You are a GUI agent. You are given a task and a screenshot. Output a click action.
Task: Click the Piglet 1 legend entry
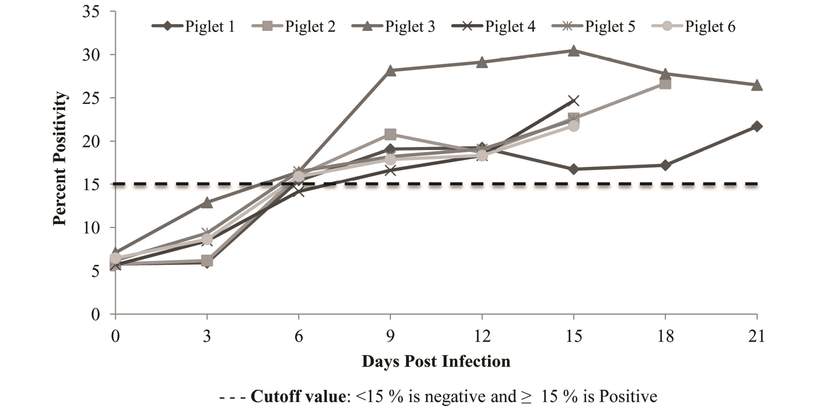(193, 26)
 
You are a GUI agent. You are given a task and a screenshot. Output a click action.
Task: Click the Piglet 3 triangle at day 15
(574, 51)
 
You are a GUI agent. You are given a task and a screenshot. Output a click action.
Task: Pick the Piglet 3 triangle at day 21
(757, 85)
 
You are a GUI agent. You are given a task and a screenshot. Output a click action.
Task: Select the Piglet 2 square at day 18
(665, 84)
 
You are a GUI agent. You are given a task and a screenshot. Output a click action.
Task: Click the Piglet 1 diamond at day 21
(757, 126)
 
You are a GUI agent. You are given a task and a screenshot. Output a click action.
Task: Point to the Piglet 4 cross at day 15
(574, 101)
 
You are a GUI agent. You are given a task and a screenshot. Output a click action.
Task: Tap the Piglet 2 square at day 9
(390, 135)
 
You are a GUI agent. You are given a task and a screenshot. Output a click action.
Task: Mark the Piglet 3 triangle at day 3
(207, 202)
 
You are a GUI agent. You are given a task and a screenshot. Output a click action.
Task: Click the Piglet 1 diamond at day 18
(665, 165)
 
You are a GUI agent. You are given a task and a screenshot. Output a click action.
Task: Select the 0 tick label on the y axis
(95, 314)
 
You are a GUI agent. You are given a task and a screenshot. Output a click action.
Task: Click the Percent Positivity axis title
(60, 159)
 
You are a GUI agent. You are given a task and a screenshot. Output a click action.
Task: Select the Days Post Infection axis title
(436, 361)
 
